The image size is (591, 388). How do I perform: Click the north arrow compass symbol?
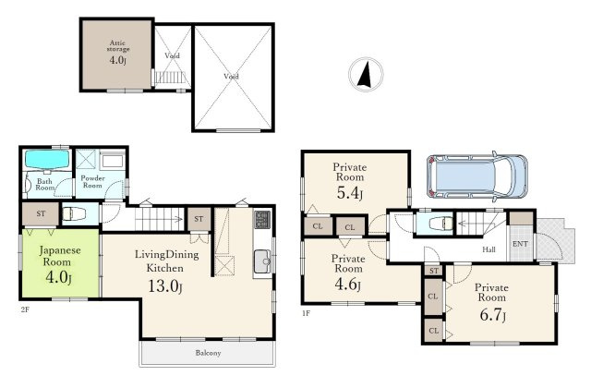(x=366, y=74)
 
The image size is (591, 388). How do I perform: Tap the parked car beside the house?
(x=476, y=176)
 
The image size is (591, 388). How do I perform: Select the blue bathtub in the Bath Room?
(x=47, y=160)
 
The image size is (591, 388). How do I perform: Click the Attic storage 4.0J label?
(x=117, y=52)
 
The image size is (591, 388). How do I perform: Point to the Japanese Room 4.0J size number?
(x=58, y=278)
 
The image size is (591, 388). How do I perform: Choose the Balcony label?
(x=208, y=353)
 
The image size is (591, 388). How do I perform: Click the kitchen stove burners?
(x=262, y=220)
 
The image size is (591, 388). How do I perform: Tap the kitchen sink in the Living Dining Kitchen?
(x=262, y=261)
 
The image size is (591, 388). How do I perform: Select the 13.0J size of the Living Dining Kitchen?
(x=165, y=286)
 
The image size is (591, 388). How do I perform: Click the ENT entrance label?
(x=520, y=244)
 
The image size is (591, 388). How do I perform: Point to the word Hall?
(x=488, y=249)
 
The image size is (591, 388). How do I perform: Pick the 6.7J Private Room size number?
(x=492, y=315)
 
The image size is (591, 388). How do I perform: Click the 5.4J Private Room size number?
(x=349, y=193)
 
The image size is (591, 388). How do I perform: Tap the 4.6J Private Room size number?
(x=347, y=285)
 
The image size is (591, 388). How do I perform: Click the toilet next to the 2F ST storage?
(x=74, y=214)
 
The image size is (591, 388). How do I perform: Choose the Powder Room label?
(x=92, y=182)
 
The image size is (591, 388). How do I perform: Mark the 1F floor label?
(x=306, y=313)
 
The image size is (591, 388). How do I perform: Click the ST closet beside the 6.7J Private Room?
(x=434, y=271)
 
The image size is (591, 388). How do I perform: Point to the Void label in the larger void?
(x=231, y=77)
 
